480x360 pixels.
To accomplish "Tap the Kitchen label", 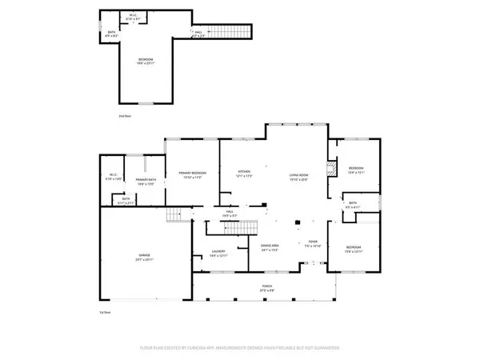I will pos(243,174).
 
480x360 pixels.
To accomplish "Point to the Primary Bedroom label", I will pos(192,174).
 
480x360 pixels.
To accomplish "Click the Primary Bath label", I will pos(145,182).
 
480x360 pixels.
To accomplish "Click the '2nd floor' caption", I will pos(124,117).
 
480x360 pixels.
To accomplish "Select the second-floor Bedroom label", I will pos(145,61).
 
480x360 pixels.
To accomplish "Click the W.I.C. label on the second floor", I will pos(132,17).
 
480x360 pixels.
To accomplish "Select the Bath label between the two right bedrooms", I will pos(353,204).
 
